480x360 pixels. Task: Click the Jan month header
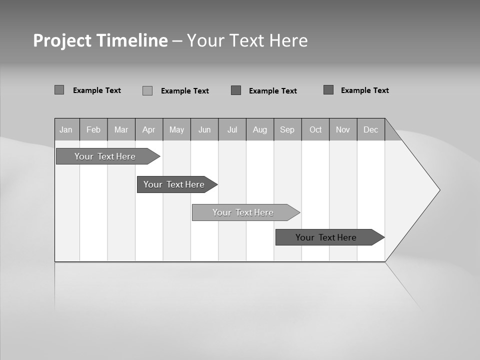point(66,129)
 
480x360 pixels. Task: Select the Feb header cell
point(93,129)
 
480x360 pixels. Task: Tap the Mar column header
point(121,129)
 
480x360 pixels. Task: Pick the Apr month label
point(149,129)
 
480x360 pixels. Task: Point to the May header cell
point(176,129)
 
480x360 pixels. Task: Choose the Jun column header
point(204,129)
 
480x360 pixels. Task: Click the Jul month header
point(232,129)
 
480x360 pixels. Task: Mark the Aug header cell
point(260,129)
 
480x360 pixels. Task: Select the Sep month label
point(287,129)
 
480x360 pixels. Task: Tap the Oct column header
point(315,129)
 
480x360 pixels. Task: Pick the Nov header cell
point(343,129)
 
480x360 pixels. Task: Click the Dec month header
point(371,129)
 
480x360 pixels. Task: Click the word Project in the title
point(62,40)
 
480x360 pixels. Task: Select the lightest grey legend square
point(147,90)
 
